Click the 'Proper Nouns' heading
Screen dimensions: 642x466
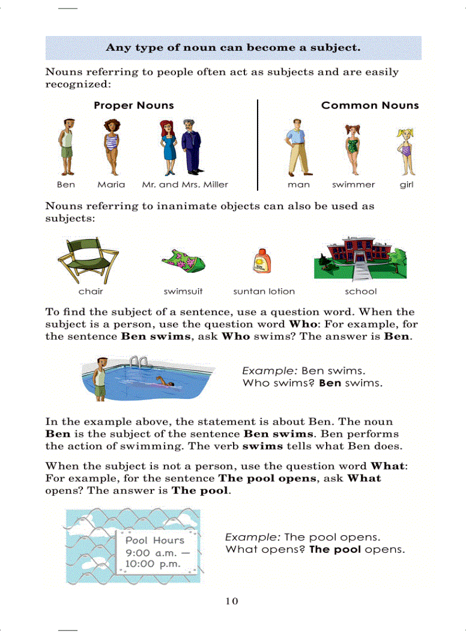(x=134, y=105)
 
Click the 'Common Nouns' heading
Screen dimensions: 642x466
(x=369, y=105)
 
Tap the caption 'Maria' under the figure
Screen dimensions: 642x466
(x=111, y=185)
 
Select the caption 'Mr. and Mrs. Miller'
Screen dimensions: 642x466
(x=184, y=185)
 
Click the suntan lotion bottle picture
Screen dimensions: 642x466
(x=260, y=262)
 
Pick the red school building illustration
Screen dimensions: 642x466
(x=359, y=258)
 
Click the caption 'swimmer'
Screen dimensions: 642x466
(x=353, y=185)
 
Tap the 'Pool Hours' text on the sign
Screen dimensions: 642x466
(x=155, y=540)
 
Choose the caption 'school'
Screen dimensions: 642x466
(x=361, y=292)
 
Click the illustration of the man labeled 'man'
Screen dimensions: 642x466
(x=297, y=147)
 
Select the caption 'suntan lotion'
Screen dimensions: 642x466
(x=264, y=292)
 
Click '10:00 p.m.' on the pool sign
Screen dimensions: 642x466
(x=153, y=564)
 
